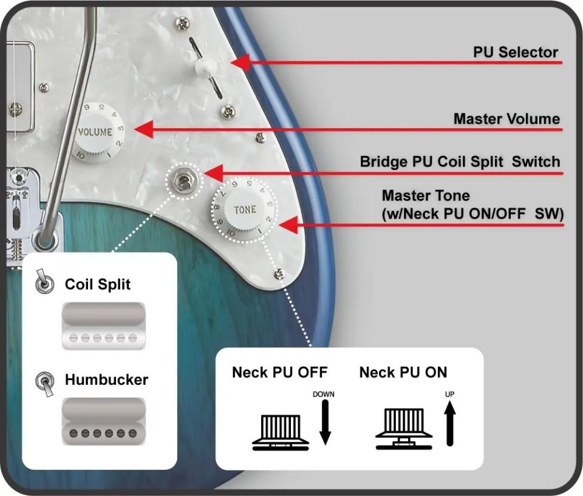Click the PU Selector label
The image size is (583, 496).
point(515,52)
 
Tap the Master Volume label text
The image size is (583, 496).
point(506,119)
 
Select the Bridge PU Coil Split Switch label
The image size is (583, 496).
point(460,162)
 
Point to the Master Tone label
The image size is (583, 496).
point(426,196)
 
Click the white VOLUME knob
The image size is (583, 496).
point(97,131)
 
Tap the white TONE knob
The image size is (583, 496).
point(245,209)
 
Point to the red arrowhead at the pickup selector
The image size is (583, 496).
point(240,61)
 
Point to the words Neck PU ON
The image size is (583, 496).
point(403,372)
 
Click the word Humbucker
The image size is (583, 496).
point(106,380)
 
